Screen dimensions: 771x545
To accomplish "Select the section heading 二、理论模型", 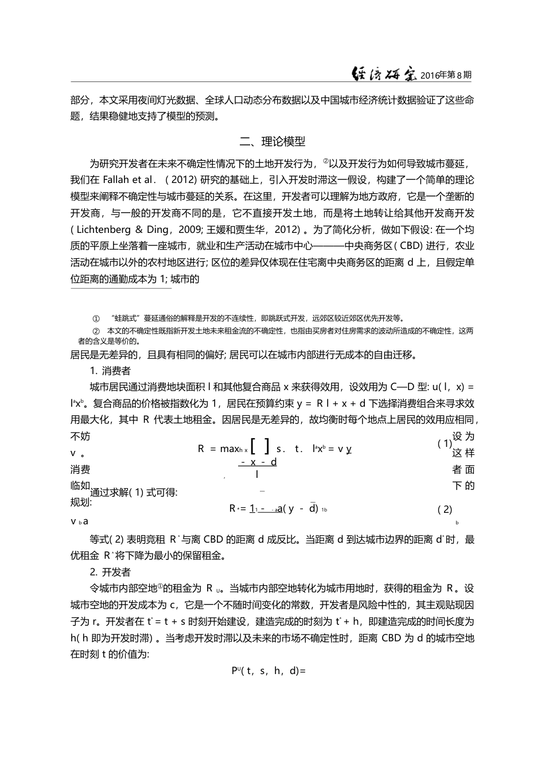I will click(272, 141).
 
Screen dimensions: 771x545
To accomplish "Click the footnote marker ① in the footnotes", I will click(96, 318).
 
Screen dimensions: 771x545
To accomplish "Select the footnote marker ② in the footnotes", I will click(96, 331).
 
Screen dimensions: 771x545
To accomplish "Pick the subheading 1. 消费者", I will click(110, 371).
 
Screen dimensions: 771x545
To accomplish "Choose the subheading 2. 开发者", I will click(110, 572).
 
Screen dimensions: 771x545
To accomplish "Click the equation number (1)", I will click(445, 443).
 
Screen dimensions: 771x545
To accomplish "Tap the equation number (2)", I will click(445, 509).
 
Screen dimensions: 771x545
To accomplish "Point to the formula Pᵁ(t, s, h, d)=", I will click(268, 670).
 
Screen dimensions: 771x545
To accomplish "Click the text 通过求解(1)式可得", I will click(134, 492).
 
